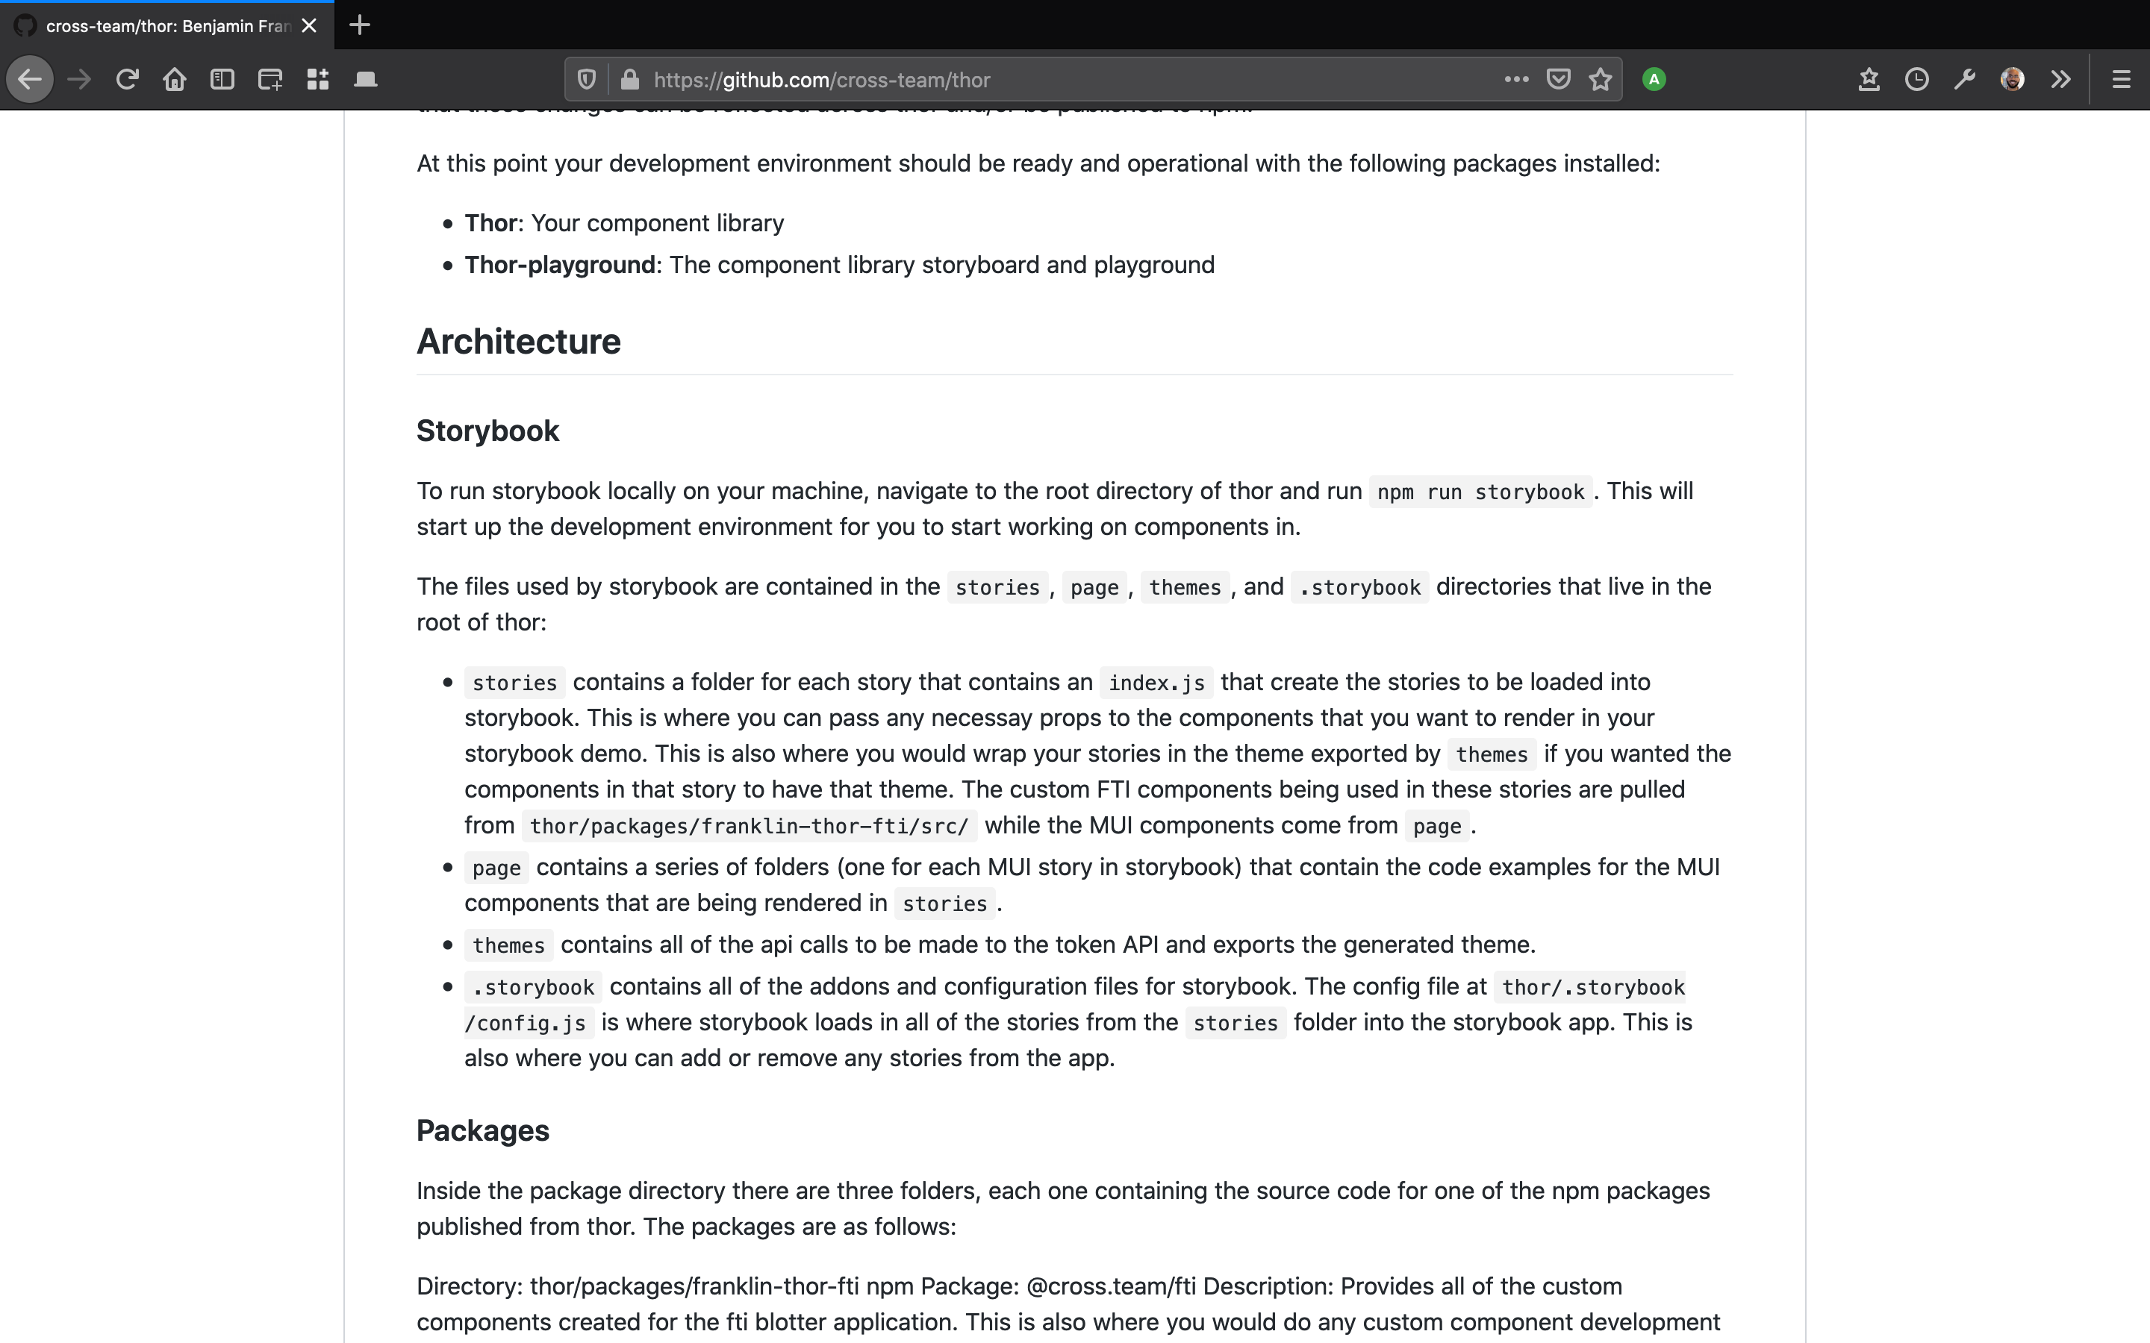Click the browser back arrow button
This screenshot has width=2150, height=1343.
tap(29, 80)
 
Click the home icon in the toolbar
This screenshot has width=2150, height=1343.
tap(174, 80)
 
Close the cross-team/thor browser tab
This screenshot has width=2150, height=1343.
tap(309, 26)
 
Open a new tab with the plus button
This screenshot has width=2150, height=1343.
tap(360, 25)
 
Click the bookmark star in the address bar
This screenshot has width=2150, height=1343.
tap(1600, 80)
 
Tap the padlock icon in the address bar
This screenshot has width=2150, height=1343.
tap(630, 80)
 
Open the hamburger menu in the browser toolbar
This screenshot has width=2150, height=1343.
tap(2121, 80)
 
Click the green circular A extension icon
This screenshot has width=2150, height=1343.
tap(1654, 80)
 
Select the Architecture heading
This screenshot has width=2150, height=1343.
tap(519, 342)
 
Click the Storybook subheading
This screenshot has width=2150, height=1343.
tap(487, 431)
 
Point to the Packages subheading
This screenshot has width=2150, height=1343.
tap(482, 1130)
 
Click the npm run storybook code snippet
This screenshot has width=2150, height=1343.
tap(1480, 492)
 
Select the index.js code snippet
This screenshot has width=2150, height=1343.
tap(1156, 683)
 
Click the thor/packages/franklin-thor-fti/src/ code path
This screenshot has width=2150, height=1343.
tap(749, 826)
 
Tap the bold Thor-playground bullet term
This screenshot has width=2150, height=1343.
tap(560, 265)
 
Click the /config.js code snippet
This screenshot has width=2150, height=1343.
tap(526, 1023)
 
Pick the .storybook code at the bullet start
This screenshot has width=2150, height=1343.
tap(533, 988)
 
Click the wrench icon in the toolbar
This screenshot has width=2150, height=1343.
tap(1964, 80)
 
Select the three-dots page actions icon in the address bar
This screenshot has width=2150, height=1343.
tap(1516, 79)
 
